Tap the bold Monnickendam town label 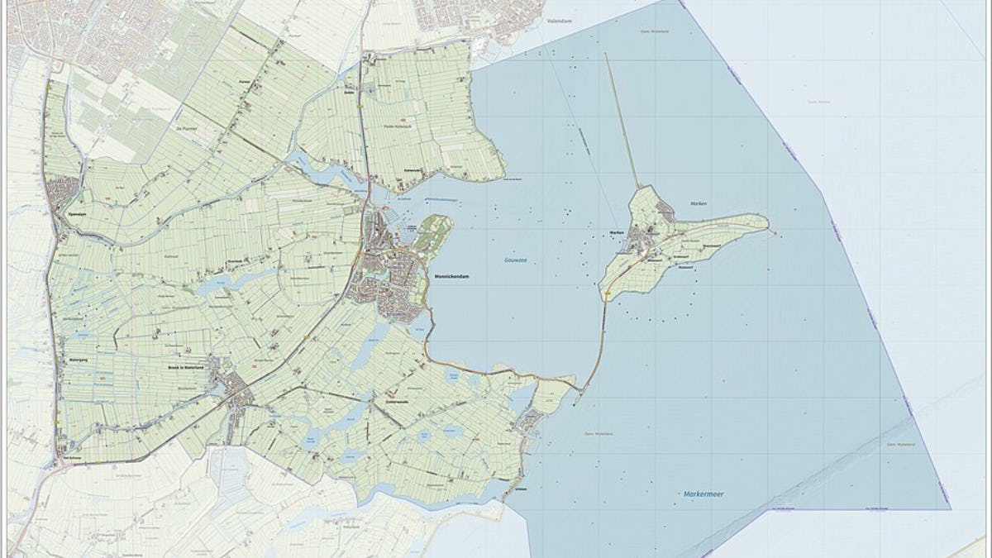click(x=451, y=276)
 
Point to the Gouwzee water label click(x=516, y=260)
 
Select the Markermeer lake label click(x=704, y=494)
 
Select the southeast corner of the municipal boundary click(x=950, y=508)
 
